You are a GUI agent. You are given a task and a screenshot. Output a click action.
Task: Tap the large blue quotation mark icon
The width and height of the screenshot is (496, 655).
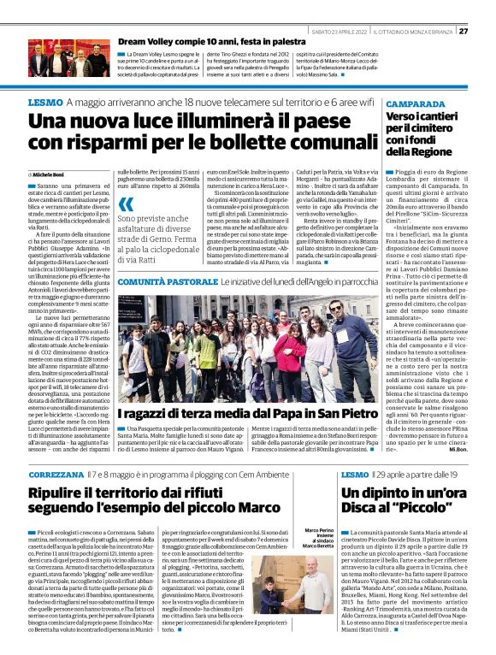tap(126, 204)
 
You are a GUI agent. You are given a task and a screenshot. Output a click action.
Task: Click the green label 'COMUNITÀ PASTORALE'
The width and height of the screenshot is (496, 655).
tap(167, 281)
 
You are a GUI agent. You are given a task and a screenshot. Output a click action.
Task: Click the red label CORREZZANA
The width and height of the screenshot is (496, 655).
tap(55, 473)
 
